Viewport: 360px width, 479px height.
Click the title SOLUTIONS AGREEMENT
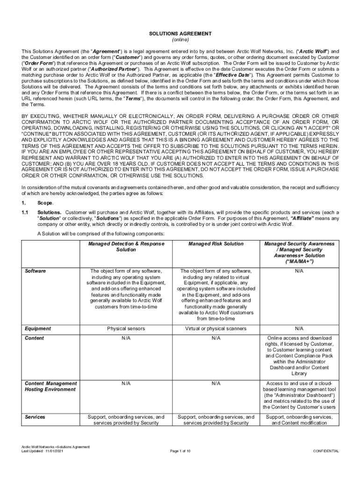tap(180, 34)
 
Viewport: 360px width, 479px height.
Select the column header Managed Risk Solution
tap(216, 244)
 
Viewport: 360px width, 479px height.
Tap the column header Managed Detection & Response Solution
tap(126, 247)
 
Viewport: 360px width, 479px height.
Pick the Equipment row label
tap(37, 329)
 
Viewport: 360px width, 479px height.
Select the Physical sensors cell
tap(126, 329)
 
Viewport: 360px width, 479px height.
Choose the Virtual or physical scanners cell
tap(216, 329)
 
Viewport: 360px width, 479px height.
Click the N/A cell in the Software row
tap(299, 271)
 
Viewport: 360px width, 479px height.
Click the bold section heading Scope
tap(45, 203)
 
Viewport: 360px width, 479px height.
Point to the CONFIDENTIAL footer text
tap(326, 451)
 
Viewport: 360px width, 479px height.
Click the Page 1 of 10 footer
tap(180, 451)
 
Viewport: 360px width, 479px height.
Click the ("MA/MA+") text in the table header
tap(299, 261)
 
